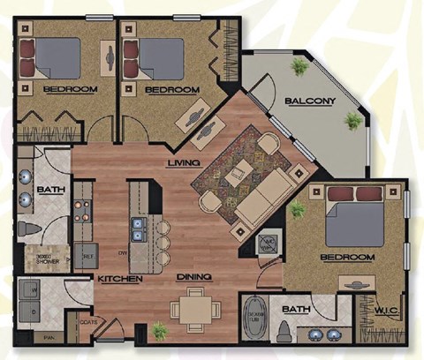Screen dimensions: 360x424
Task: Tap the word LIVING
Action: tap(184, 163)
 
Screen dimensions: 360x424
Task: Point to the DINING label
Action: tap(193, 279)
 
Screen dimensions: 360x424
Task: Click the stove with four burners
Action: tap(84, 212)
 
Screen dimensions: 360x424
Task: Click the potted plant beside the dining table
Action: tap(159, 332)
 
